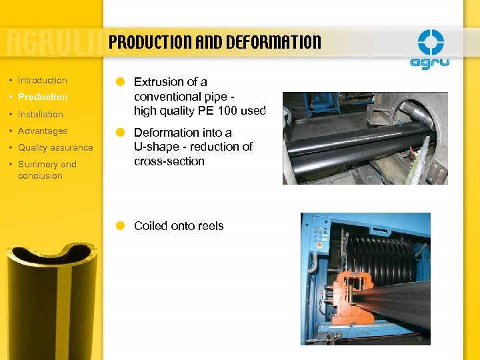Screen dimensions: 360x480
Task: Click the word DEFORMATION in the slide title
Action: coord(273,43)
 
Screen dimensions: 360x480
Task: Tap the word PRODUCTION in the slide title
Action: coord(150,43)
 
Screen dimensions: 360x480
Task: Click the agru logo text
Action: coord(430,63)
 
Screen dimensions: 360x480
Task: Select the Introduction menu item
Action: coord(43,80)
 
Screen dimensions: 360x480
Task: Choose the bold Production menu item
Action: coord(43,97)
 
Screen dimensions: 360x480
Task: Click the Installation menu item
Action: coord(41,114)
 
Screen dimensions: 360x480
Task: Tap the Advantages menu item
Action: coord(43,131)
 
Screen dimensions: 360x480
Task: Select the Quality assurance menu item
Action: coord(55,147)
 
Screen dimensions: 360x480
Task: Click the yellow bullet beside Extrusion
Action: coord(120,82)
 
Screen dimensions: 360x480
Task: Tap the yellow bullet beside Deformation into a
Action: coord(120,133)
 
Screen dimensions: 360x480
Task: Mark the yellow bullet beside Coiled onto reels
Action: coord(120,226)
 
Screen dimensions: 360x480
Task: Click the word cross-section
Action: coord(169,161)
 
